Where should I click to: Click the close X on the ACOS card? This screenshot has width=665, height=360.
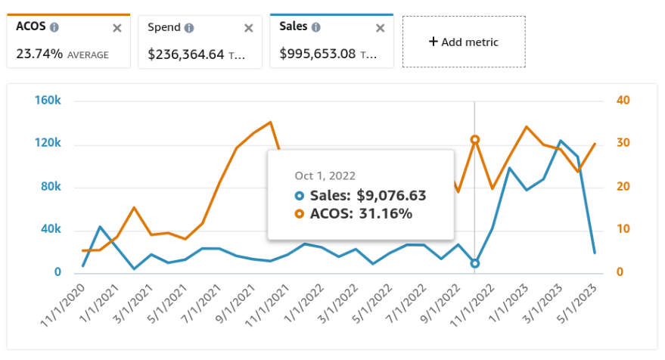pyautogui.click(x=117, y=28)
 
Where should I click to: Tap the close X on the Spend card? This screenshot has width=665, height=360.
pyautogui.click(x=248, y=28)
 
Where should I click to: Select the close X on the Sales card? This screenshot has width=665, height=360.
pyautogui.click(x=380, y=28)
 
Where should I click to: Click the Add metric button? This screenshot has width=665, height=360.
pyautogui.click(x=463, y=42)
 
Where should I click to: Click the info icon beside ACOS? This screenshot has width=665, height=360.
pyautogui.click(x=54, y=27)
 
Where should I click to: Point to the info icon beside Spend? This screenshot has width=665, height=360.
pyautogui.click(x=189, y=28)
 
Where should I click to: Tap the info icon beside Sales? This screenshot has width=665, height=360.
pyautogui.click(x=315, y=27)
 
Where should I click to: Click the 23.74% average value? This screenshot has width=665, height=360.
pyautogui.click(x=39, y=54)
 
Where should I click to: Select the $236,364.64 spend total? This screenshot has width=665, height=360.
pyautogui.click(x=185, y=54)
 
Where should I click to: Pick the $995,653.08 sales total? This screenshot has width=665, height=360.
pyautogui.click(x=317, y=54)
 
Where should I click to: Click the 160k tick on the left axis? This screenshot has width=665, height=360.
pyautogui.click(x=48, y=101)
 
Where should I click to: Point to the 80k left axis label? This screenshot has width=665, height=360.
pyautogui.click(x=50, y=187)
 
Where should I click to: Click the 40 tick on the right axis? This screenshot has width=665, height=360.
pyautogui.click(x=623, y=101)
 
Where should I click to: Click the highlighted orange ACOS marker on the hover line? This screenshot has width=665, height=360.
pyautogui.click(x=474, y=139)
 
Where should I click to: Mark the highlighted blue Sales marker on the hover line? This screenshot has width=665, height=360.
pyautogui.click(x=474, y=263)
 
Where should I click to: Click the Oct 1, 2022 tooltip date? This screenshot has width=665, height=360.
pyautogui.click(x=325, y=175)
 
